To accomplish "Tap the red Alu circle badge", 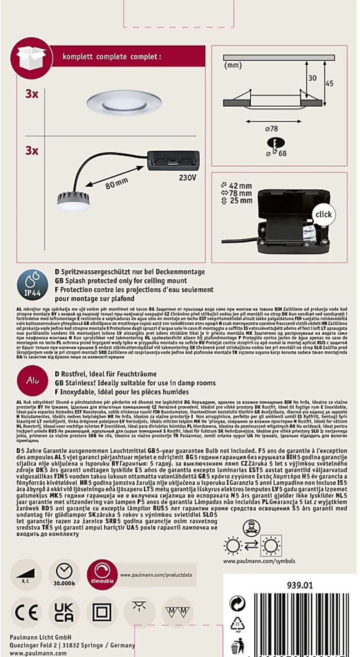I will click(x=33, y=380).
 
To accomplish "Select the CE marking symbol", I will click(x=26, y=612).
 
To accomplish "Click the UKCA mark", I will click(x=64, y=612).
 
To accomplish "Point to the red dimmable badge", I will click(x=102, y=575).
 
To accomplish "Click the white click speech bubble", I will click(x=324, y=215).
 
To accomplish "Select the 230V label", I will click(x=187, y=178).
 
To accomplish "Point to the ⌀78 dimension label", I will click(x=272, y=129).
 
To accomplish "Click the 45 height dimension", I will click(x=330, y=83).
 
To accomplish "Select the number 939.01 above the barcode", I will click(x=300, y=586).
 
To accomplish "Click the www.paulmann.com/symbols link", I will click(x=259, y=561).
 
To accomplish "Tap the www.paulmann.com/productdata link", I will click(x=156, y=575).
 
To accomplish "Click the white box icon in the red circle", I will click(x=31, y=58).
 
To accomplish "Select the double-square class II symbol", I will click(x=102, y=612).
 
